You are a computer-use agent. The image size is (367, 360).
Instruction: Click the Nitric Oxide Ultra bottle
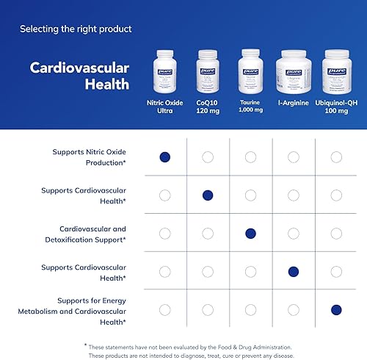pyautogui.click(x=165, y=72)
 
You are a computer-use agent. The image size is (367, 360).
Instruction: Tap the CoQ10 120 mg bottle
pyautogui.click(x=208, y=72)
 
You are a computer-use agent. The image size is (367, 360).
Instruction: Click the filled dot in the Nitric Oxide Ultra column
pyautogui.click(x=165, y=156)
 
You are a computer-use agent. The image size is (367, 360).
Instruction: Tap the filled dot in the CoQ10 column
pyautogui.click(x=208, y=195)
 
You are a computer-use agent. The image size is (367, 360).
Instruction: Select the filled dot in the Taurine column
pyautogui.click(x=250, y=234)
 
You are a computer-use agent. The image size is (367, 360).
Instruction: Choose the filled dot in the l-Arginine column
pyautogui.click(x=294, y=272)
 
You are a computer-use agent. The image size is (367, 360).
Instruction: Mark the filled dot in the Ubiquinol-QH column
pyautogui.click(x=336, y=310)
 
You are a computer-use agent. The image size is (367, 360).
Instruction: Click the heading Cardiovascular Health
pyautogui.click(x=79, y=76)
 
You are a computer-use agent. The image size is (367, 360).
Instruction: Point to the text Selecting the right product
pyautogui.click(x=76, y=29)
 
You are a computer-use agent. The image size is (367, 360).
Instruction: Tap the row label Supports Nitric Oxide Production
pyautogui.click(x=89, y=156)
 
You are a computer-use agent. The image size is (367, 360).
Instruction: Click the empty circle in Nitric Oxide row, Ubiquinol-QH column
pyautogui.click(x=336, y=156)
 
